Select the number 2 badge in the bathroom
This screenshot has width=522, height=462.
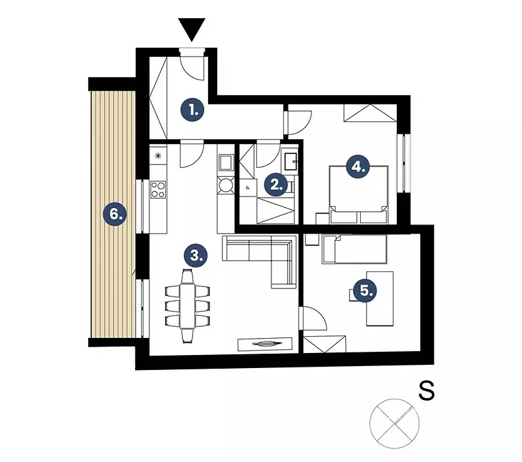point(276,185)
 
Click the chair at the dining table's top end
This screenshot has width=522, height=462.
point(187,276)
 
